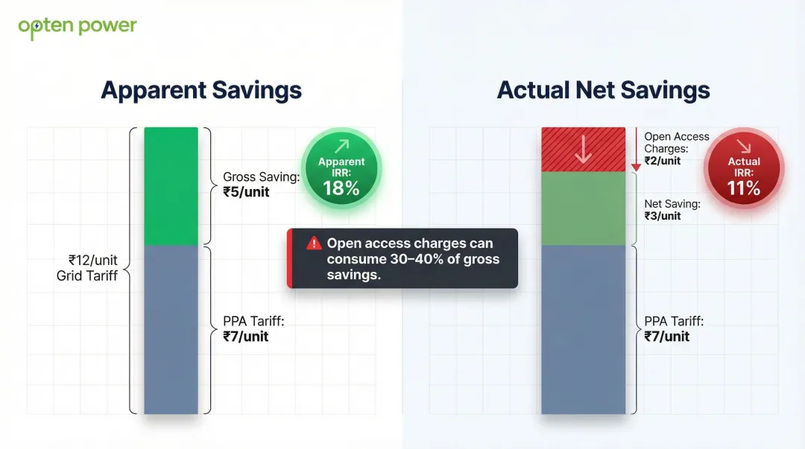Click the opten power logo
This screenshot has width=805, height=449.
[x=78, y=27]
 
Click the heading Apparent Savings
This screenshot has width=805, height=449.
[x=201, y=90]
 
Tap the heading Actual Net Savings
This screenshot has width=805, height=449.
[x=603, y=90]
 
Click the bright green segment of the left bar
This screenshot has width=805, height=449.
[x=171, y=186]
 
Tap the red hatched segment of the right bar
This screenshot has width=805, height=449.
[x=583, y=149]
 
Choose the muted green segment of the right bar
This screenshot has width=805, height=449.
[x=583, y=208]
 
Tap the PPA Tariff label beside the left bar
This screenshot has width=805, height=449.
[x=254, y=328]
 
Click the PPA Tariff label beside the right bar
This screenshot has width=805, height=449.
[x=674, y=328]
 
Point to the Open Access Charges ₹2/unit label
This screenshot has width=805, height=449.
[x=676, y=148]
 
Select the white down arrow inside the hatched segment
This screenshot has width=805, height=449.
[x=583, y=149]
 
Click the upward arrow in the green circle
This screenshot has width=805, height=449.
[x=341, y=147]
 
